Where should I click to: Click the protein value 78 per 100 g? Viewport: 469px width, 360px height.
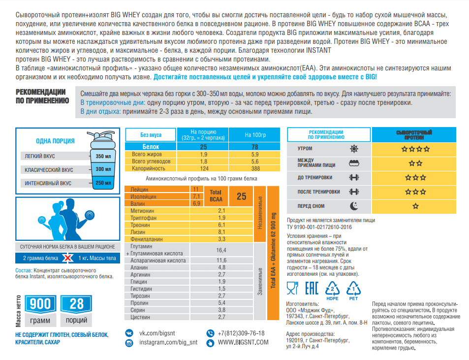pyautogui.click(x=254, y=147)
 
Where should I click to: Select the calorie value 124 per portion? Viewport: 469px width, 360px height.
pyautogui.click(x=204, y=168)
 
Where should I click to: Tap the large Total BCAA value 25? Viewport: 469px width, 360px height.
pyautogui.click(x=241, y=196)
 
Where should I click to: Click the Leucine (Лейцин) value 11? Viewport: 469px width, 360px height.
pyautogui.click(x=196, y=189)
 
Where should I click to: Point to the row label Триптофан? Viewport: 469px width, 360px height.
pyautogui.click(x=143, y=218)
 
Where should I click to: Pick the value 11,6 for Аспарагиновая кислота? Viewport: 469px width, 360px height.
pyautogui.click(x=221, y=261)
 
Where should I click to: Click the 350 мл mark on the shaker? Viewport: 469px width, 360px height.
pyautogui.click(x=103, y=156)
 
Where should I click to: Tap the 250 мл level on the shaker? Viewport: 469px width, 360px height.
pyautogui.click(x=103, y=183)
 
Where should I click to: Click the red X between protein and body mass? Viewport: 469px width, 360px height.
pyautogui.click(x=68, y=258)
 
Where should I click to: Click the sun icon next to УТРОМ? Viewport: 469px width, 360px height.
pyautogui.click(x=354, y=149)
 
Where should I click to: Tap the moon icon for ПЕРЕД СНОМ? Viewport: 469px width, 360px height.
pyautogui.click(x=354, y=206)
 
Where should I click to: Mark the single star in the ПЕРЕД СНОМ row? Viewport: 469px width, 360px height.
pyautogui.click(x=415, y=206)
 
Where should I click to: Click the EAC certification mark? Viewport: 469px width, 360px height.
pyautogui.click(x=312, y=288)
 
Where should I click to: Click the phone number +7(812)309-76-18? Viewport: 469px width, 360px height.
pyautogui.click(x=241, y=333)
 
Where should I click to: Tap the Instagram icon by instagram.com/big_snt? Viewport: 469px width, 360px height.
pyautogui.click(x=129, y=343)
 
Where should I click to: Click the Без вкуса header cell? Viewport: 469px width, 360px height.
pyautogui.click(x=151, y=134)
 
